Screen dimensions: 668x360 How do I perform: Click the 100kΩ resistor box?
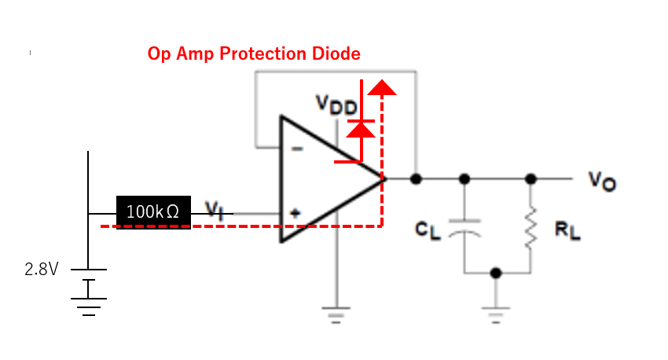pyautogui.click(x=153, y=212)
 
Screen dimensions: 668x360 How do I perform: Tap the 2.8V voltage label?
pyautogui.click(x=42, y=270)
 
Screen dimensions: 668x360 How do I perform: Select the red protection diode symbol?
pyautogui.click(x=361, y=130)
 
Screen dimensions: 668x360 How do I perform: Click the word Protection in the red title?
pyautogui.click(x=262, y=53)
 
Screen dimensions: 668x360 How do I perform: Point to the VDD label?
pyautogui.click(x=336, y=105)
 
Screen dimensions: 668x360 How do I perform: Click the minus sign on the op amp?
pyautogui.click(x=297, y=149)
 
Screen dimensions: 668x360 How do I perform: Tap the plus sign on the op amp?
pyautogui.click(x=295, y=213)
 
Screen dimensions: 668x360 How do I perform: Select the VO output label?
pyautogui.click(x=602, y=181)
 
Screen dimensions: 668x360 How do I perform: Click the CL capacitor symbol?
pyautogui.click(x=464, y=228)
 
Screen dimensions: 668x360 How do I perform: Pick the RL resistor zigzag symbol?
pyautogui.click(x=530, y=227)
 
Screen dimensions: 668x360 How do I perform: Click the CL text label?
pyautogui.click(x=428, y=230)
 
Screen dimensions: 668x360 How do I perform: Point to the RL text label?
pyautogui.click(x=567, y=230)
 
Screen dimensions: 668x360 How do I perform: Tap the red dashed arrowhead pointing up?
pyautogui.click(x=382, y=87)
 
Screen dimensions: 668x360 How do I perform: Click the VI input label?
pyautogui.click(x=215, y=211)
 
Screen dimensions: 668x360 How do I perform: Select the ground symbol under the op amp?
pyautogui.click(x=336, y=315)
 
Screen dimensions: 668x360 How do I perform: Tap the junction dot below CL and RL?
pyautogui.click(x=495, y=273)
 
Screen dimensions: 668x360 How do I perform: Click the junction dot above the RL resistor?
pyautogui.click(x=530, y=179)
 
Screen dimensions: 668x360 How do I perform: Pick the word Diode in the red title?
pyautogui.click(x=336, y=53)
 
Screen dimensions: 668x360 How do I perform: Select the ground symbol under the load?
pyautogui.click(x=495, y=315)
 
